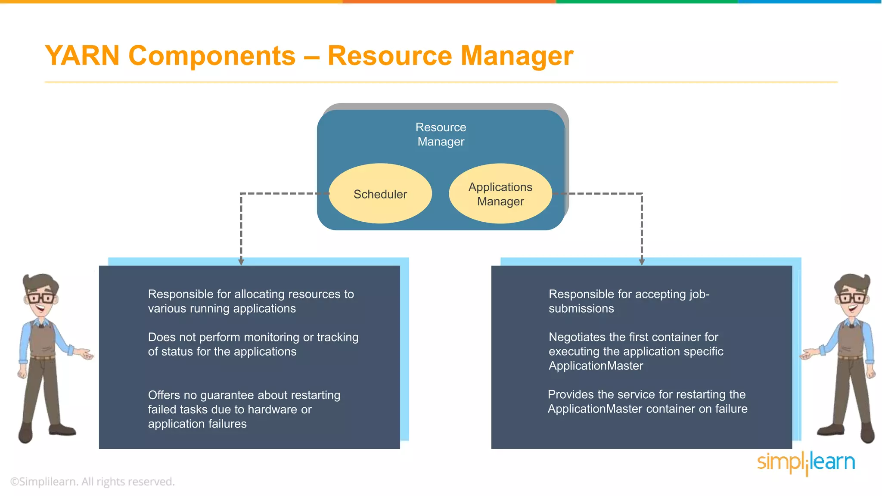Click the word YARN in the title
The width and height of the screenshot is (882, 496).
(x=82, y=56)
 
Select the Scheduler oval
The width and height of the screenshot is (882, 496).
(x=380, y=194)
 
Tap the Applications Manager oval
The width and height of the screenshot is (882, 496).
(x=500, y=194)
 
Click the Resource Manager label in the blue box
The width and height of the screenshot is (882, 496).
(x=441, y=134)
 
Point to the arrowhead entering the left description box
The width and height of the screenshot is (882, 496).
(x=241, y=262)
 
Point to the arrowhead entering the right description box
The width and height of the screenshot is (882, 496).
(x=642, y=262)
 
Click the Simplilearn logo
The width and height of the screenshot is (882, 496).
(x=806, y=462)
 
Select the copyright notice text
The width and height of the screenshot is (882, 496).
(x=93, y=481)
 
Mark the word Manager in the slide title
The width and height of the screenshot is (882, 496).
(x=517, y=56)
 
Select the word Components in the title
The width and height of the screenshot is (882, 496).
(x=212, y=56)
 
